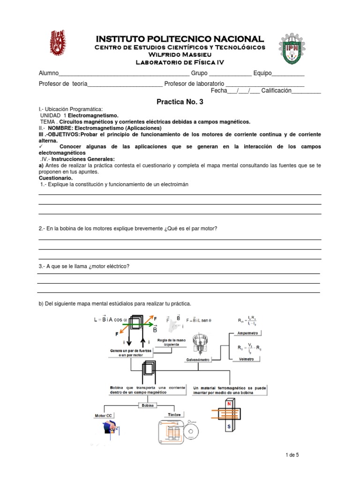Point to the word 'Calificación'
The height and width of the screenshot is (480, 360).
pyautogui.click(x=276, y=90)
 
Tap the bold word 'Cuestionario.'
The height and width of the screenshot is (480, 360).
pyautogui.click(x=55, y=178)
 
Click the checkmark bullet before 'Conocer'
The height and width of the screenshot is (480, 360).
pyautogui.click(x=41, y=147)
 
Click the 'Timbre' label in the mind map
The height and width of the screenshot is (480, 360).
pyautogui.click(x=174, y=415)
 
